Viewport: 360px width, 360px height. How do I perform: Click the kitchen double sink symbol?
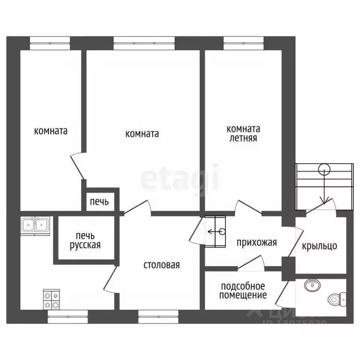tap(35, 225)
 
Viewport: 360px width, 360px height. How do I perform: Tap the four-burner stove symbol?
tap(51, 300)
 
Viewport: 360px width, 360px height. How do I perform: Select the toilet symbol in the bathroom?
tap(337, 298)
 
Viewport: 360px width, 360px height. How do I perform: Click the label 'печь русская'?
tap(85, 240)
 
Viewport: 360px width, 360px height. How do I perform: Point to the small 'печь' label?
tap(99, 202)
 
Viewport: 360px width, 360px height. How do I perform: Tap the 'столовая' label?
tap(161, 265)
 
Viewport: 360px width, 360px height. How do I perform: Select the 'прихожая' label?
tap(256, 242)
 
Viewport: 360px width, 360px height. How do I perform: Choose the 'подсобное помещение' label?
tap(244, 291)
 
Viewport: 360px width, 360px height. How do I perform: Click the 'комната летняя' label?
tap(243, 134)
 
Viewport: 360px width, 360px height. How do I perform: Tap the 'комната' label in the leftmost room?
tap(51, 131)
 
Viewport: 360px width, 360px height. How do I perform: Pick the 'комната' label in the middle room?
tap(142, 134)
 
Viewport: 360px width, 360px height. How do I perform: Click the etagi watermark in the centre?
tap(180, 178)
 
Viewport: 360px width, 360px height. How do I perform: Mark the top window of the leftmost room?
tap(50, 44)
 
